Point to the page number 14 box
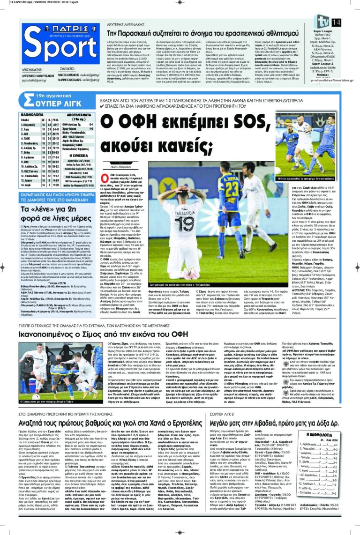[336, 22]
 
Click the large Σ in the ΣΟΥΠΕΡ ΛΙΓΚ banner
[28, 100]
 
